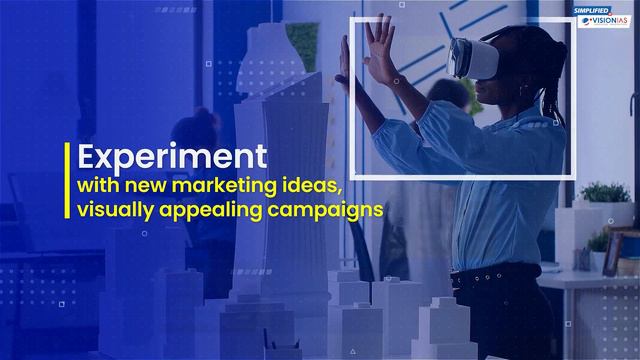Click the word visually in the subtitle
pyautogui.click(x=114, y=210)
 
